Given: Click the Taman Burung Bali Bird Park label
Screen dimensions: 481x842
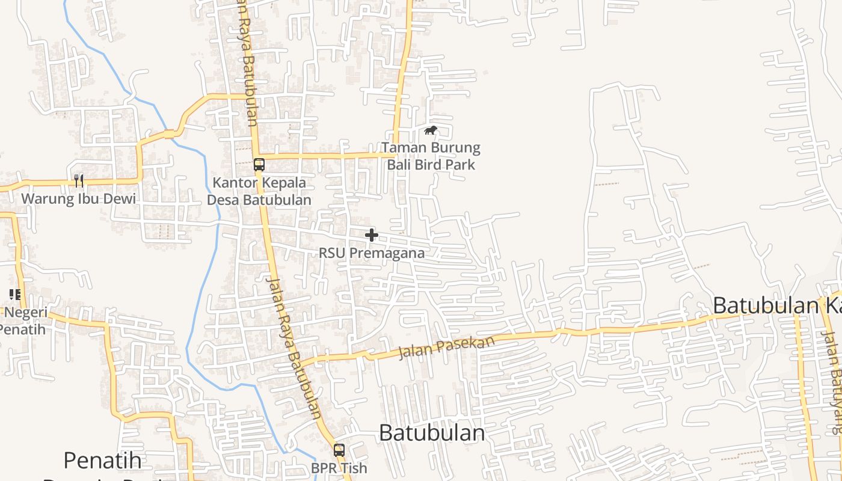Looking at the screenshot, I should (431, 156).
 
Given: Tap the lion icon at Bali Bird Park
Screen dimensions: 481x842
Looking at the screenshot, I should (430, 130).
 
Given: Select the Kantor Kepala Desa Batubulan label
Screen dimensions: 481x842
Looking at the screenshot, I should (259, 191).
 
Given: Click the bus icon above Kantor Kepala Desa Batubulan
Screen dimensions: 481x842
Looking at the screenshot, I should (259, 164).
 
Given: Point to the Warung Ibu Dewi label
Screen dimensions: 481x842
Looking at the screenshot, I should (79, 198).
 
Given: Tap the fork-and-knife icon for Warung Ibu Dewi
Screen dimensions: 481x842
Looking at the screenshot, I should (79, 180).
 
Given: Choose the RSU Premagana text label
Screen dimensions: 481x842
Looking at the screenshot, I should (372, 253).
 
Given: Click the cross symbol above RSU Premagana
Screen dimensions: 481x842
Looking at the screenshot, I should (372, 235).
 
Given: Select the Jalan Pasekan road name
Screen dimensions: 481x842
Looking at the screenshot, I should (446, 348).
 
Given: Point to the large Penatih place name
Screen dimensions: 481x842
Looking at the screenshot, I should (103, 461).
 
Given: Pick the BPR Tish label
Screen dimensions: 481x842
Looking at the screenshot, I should (339, 467).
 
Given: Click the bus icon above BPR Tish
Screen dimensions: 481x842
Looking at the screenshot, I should (339, 450).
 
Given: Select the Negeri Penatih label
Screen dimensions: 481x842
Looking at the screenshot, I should (24, 321).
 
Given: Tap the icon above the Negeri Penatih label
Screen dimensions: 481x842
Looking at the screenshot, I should (15, 295).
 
